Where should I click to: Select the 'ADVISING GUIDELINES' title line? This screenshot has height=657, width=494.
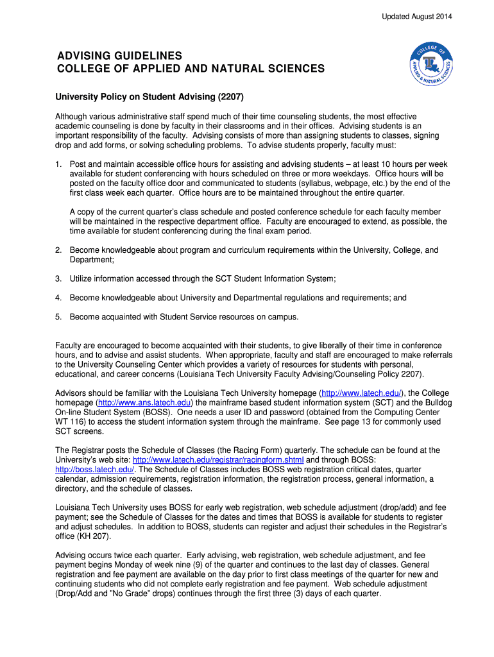(x=120, y=56)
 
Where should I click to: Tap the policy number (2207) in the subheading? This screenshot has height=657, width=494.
(x=231, y=97)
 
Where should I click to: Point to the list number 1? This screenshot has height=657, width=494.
(x=58, y=165)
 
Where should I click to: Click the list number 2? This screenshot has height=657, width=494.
(x=58, y=250)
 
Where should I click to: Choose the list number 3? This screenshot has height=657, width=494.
(x=58, y=278)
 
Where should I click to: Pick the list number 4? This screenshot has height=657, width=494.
(x=58, y=298)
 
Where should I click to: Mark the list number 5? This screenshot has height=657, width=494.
(x=58, y=317)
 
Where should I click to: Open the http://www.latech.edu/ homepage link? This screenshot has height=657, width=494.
(x=361, y=393)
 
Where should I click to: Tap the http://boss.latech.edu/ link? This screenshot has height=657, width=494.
(x=94, y=470)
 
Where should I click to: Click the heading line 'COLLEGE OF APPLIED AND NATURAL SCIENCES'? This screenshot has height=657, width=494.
(x=191, y=69)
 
